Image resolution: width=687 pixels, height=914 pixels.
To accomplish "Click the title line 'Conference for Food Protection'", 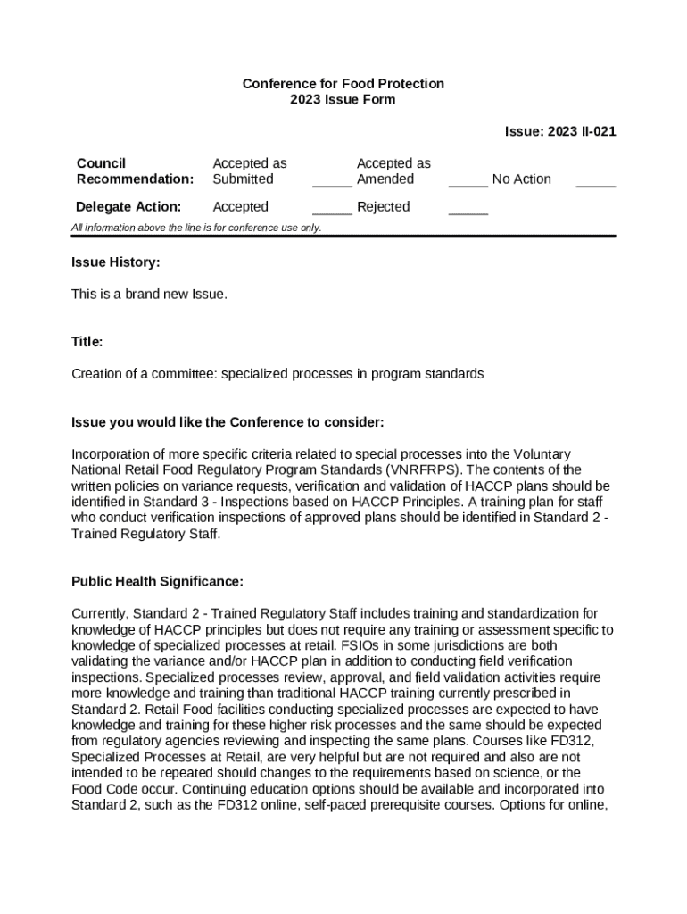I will (x=343, y=84).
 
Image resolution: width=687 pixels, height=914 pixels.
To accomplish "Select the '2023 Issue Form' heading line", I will (x=343, y=100).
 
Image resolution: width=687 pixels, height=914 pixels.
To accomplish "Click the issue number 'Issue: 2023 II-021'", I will (x=559, y=131).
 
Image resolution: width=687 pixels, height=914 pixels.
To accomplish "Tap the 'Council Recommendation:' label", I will (x=135, y=171).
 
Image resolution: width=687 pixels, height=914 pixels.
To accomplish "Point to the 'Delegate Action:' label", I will (x=129, y=207).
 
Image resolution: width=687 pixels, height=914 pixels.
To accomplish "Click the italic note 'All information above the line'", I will (x=196, y=228).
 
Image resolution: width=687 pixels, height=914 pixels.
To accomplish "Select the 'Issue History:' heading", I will (x=116, y=262).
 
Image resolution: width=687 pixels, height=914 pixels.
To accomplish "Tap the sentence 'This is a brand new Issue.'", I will (x=150, y=294).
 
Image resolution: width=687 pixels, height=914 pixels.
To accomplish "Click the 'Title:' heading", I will (x=87, y=342).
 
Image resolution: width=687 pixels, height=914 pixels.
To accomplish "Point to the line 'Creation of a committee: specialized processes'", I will (x=277, y=374).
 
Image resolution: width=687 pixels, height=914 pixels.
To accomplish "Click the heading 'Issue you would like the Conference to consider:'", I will (x=228, y=421).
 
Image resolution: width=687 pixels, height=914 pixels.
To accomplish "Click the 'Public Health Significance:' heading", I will (x=157, y=582).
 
